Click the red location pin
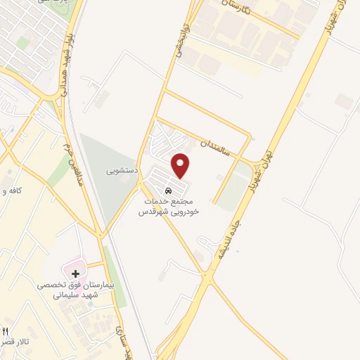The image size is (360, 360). [181, 165]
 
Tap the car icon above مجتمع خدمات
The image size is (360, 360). [168, 190]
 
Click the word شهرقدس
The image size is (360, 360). [150, 211]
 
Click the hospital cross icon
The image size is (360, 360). [73, 271]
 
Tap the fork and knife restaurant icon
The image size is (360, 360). [6, 330]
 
